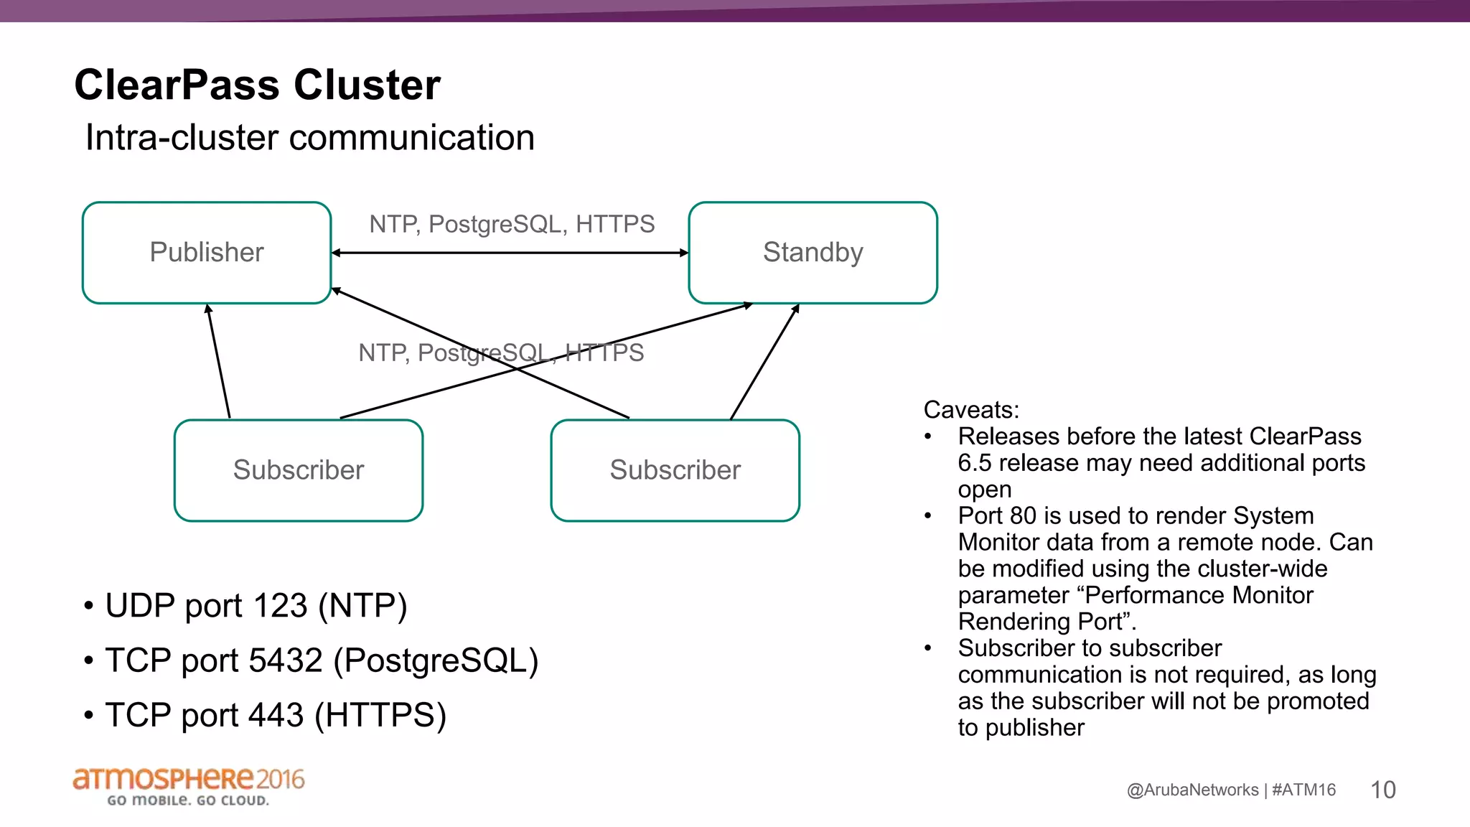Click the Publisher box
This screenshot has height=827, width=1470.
[207, 252]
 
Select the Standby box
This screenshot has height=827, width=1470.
[813, 252]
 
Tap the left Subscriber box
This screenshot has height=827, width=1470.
[299, 470]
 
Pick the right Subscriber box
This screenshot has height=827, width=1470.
[675, 470]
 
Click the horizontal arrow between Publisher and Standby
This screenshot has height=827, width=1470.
[510, 253]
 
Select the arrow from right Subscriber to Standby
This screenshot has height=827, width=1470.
[764, 362]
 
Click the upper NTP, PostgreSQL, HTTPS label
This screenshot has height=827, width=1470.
[512, 224]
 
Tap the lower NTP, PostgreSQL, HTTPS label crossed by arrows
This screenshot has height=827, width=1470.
[501, 352]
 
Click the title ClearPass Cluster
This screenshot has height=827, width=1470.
[257, 85]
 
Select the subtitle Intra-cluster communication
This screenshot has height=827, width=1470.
[310, 137]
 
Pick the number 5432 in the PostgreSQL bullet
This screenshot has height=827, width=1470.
[285, 660]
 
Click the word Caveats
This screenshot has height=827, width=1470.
[970, 409]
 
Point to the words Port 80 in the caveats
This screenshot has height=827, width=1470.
[997, 515]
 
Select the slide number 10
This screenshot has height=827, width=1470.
[1382, 790]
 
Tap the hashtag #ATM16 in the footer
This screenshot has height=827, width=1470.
[1303, 790]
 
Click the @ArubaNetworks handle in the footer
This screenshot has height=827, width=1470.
[1192, 790]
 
